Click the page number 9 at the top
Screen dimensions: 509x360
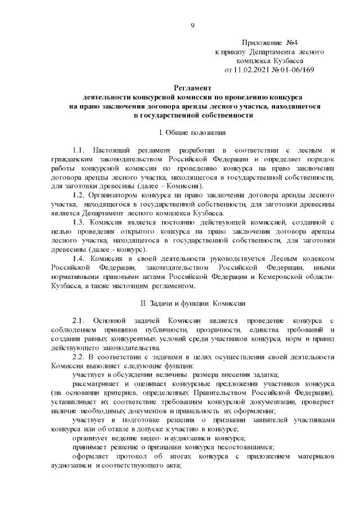click(x=192, y=25)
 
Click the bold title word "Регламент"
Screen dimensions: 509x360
click(x=192, y=88)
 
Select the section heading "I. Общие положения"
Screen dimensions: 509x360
click(x=192, y=133)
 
